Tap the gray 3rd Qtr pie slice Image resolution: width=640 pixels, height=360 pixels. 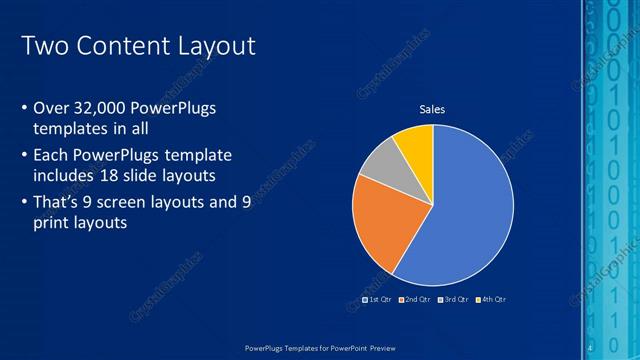[378, 164]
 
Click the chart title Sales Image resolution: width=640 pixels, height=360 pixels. [432, 109]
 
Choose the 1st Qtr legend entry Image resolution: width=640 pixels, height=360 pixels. [376, 300]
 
